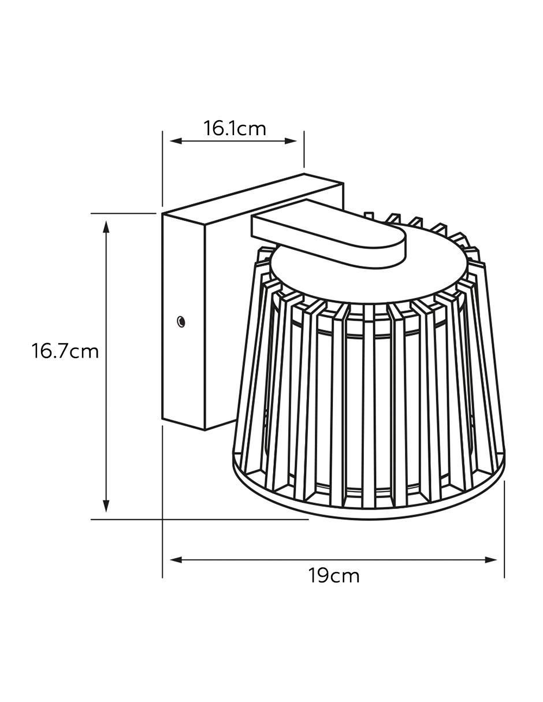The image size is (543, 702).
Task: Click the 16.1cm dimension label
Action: coord(235,129)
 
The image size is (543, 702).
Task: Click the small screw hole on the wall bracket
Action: coord(181,321)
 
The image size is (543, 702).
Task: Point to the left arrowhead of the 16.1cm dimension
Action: coord(177,141)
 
